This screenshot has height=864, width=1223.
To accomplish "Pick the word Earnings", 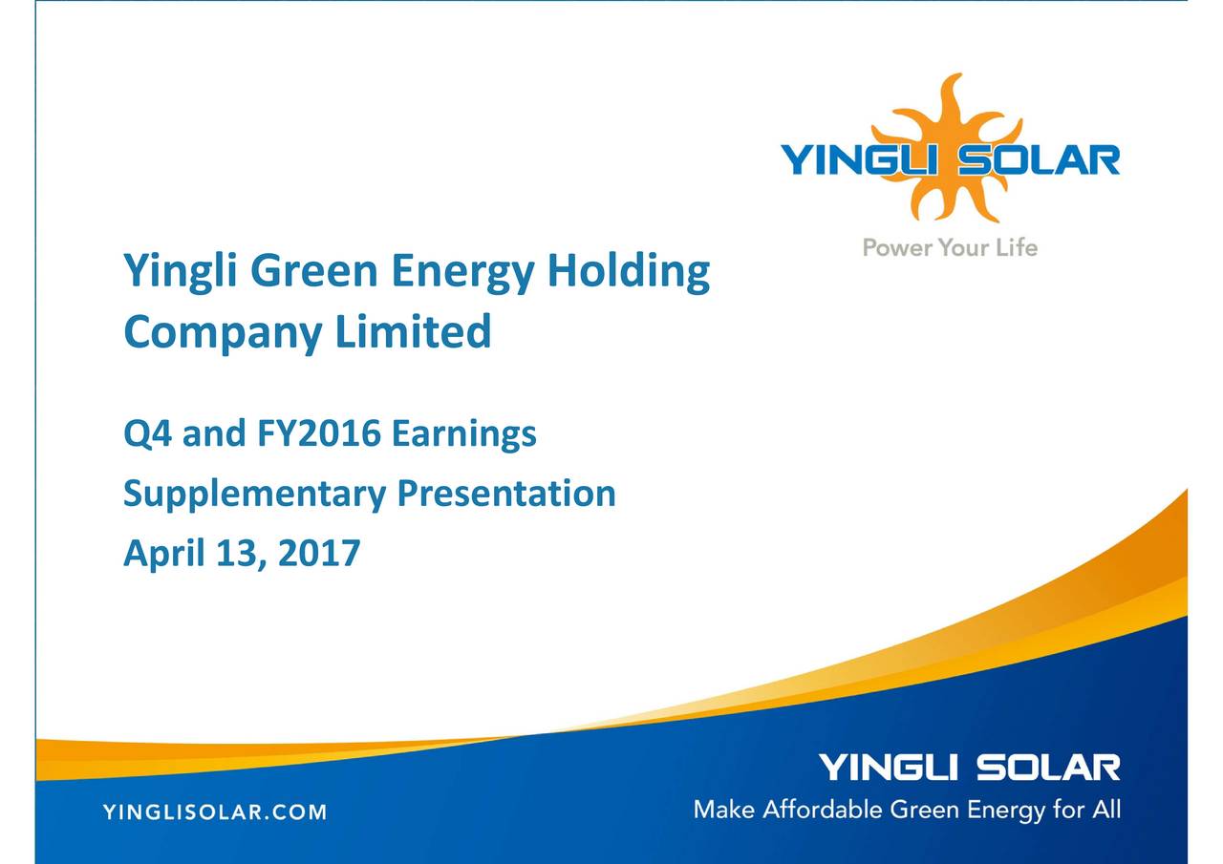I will click(464, 436).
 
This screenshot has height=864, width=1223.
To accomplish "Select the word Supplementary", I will click(254, 495).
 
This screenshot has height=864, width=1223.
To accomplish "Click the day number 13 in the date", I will click(231, 552).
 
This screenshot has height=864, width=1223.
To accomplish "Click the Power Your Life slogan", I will click(950, 248).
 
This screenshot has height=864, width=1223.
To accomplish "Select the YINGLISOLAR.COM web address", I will click(214, 813).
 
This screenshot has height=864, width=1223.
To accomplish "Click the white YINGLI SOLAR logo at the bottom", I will click(969, 768).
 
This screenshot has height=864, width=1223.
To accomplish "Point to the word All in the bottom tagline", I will click(1106, 811).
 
